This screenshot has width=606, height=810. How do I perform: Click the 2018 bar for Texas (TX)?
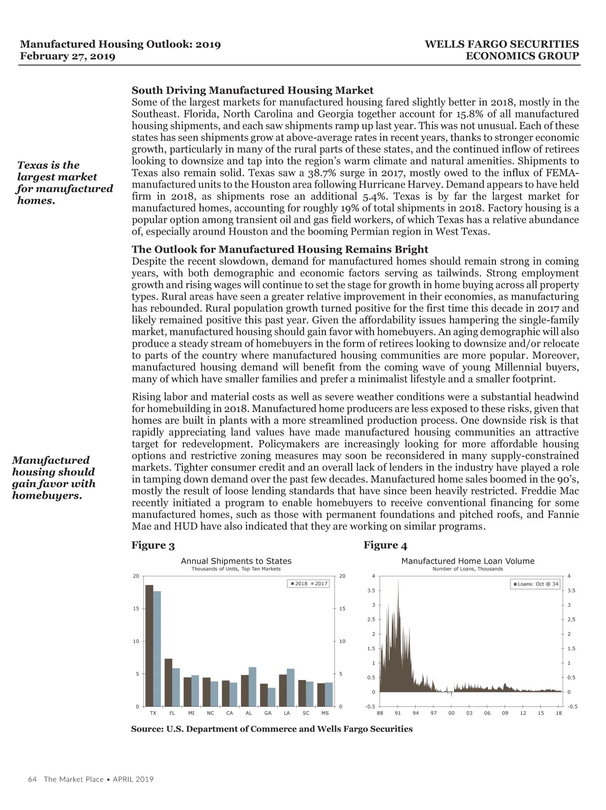(x=149, y=646)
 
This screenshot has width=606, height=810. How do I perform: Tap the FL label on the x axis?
(x=172, y=713)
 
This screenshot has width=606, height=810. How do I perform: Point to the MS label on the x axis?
(x=325, y=713)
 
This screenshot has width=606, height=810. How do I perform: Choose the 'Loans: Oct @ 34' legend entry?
(x=536, y=584)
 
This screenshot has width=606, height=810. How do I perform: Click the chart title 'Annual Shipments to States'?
(x=236, y=561)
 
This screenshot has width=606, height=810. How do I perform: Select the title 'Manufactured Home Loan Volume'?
(x=468, y=561)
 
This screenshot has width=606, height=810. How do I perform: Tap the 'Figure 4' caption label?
(x=385, y=545)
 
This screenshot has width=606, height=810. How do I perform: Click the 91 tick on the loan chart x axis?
(x=398, y=713)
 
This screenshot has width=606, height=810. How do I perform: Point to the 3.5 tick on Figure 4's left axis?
(x=371, y=590)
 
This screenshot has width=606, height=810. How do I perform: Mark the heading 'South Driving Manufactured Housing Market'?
(x=252, y=90)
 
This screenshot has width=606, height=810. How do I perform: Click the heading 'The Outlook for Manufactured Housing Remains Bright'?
(x=280, y=249)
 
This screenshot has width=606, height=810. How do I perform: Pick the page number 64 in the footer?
(x=32, y=779)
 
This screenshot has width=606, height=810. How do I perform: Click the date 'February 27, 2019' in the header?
(x=68, y=56)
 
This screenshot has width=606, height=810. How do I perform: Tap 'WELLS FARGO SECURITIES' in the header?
(x=501, y=44)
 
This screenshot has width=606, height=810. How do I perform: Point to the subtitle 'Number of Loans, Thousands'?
(x=468, y=569)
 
